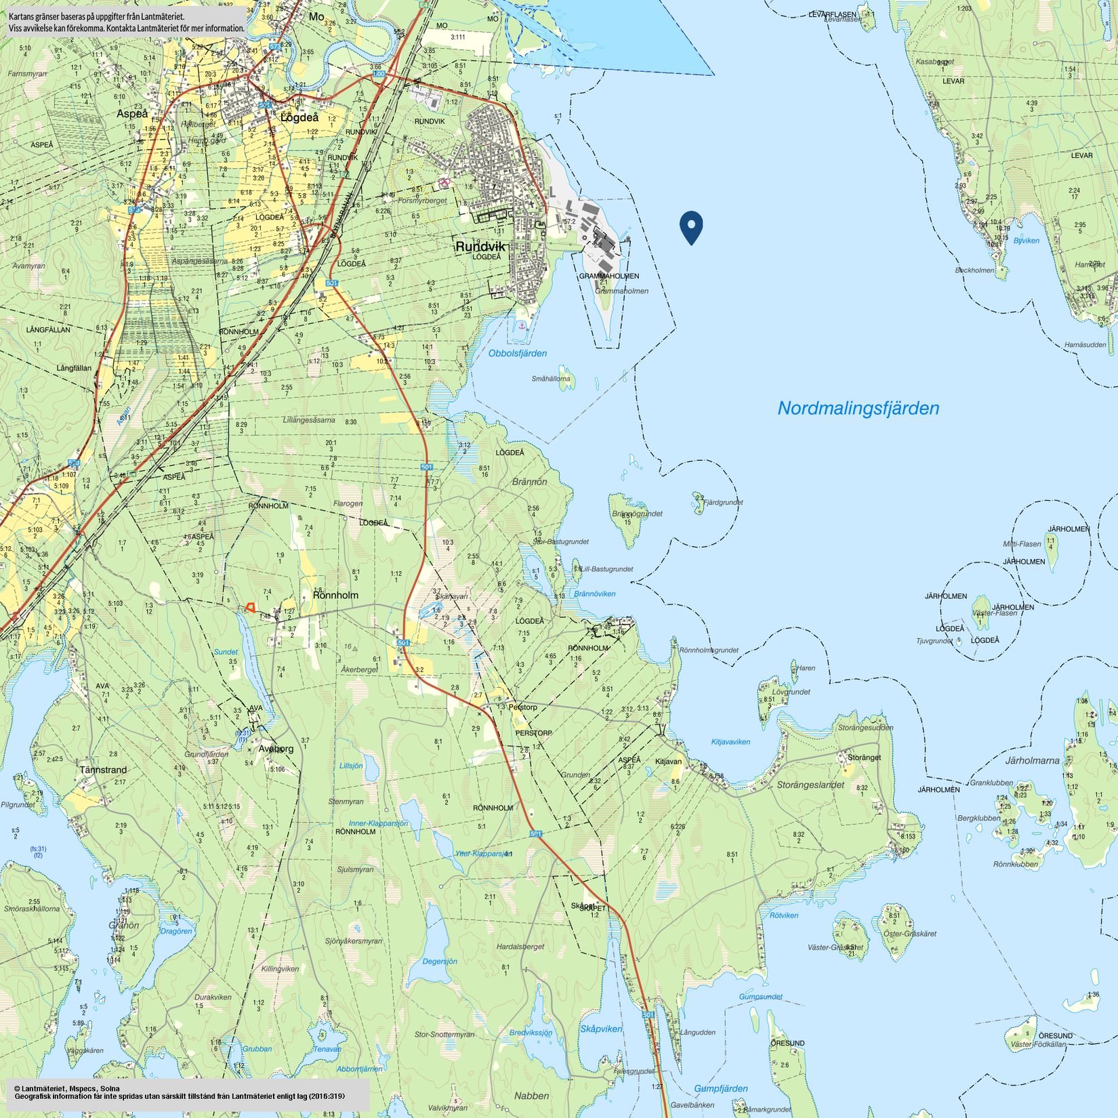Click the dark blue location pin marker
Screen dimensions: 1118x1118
691,226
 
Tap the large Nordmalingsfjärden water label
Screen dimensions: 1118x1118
858,409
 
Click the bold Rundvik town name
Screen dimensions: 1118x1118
480,247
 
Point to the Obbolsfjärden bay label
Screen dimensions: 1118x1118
517,353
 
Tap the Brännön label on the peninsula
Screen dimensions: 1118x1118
529,482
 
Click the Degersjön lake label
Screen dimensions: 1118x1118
439,961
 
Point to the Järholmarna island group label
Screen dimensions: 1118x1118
1031,760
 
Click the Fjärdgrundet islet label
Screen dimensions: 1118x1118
723,503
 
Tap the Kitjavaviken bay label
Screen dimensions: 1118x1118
730,742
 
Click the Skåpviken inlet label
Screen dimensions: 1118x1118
600,1029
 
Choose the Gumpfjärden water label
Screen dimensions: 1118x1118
720,1088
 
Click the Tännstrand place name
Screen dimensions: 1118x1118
103,770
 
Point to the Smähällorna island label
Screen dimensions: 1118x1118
550,379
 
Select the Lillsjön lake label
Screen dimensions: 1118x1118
350,766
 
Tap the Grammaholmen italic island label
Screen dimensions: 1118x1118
621,291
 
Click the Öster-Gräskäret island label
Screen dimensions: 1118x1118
909,934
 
